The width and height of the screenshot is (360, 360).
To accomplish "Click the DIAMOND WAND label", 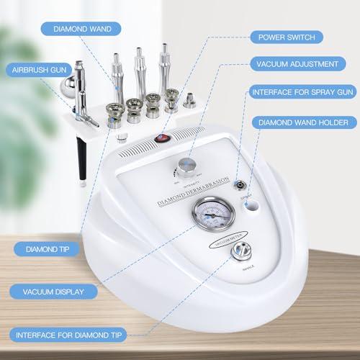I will (x=76, y=30).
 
